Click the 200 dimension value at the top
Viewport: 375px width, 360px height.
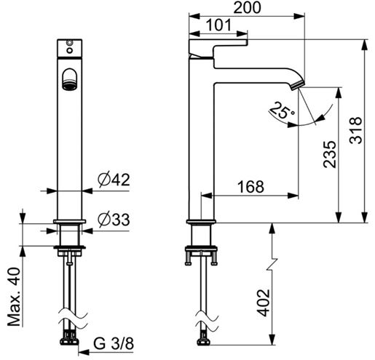247,7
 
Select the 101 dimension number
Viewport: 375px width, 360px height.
218,25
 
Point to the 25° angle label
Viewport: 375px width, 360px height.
282,111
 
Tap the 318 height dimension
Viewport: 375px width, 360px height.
356,130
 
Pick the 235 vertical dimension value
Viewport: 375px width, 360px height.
330,154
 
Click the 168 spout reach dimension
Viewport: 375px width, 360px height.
250,187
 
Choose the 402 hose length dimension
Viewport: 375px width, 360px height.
264,303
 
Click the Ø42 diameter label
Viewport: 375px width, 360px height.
114,180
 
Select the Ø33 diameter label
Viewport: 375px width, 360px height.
114,220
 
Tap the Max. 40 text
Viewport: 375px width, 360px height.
14,297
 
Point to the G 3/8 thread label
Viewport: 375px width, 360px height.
114,343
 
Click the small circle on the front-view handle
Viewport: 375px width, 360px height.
70,50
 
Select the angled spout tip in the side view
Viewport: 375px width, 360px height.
297,85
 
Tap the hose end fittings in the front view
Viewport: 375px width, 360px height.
70,337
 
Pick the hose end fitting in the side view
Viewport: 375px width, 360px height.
203,339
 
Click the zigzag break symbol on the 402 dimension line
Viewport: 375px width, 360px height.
272,264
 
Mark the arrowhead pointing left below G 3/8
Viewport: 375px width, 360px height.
84,352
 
